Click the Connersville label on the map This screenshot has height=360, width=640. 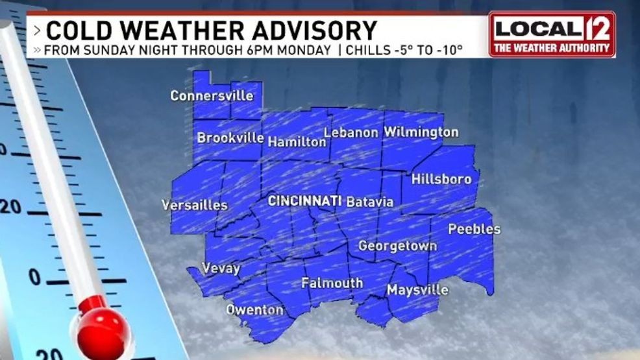point(212,96)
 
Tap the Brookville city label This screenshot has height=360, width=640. point(230,138)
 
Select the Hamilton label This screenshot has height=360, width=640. point(297,141)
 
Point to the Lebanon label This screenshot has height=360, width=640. point(351,132)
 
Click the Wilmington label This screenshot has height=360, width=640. point(421,132)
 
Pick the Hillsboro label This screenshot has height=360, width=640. point(441,179)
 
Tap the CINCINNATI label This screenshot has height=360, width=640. point(305,201)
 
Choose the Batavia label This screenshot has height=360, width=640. point(370,202)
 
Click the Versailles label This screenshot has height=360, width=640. point(195,206)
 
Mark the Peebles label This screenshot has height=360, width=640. point(474,229)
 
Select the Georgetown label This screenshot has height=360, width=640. point(397,246)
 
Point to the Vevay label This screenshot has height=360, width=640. point(221,269)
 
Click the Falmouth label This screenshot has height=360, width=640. point(332,283)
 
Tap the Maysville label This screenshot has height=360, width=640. point(417,290)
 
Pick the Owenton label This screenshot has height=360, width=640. point(254,310)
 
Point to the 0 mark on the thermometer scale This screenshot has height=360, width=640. point(34,278)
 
